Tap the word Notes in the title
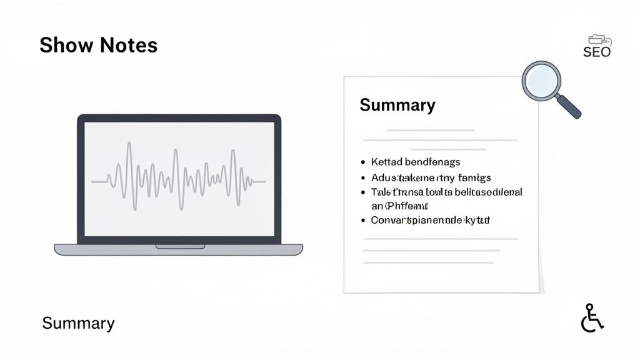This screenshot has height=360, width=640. [x=127, y=45]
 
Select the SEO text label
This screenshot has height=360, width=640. [x=596, y=52]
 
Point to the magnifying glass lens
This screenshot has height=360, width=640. [x=541, y=81]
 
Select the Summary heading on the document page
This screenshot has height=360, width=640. [x=397, y=105]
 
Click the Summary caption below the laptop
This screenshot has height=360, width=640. [x=78, y=323]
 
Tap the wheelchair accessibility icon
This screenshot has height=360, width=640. [x=592, y=318]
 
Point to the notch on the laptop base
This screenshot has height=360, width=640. [x=179, y=247]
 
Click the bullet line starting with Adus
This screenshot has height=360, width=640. [x=431, y=178]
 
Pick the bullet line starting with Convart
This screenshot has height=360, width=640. [x=430, y=220]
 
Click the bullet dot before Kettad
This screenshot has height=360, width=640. [x=364, y=162]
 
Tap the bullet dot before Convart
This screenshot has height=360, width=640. [x=364, y=220]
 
